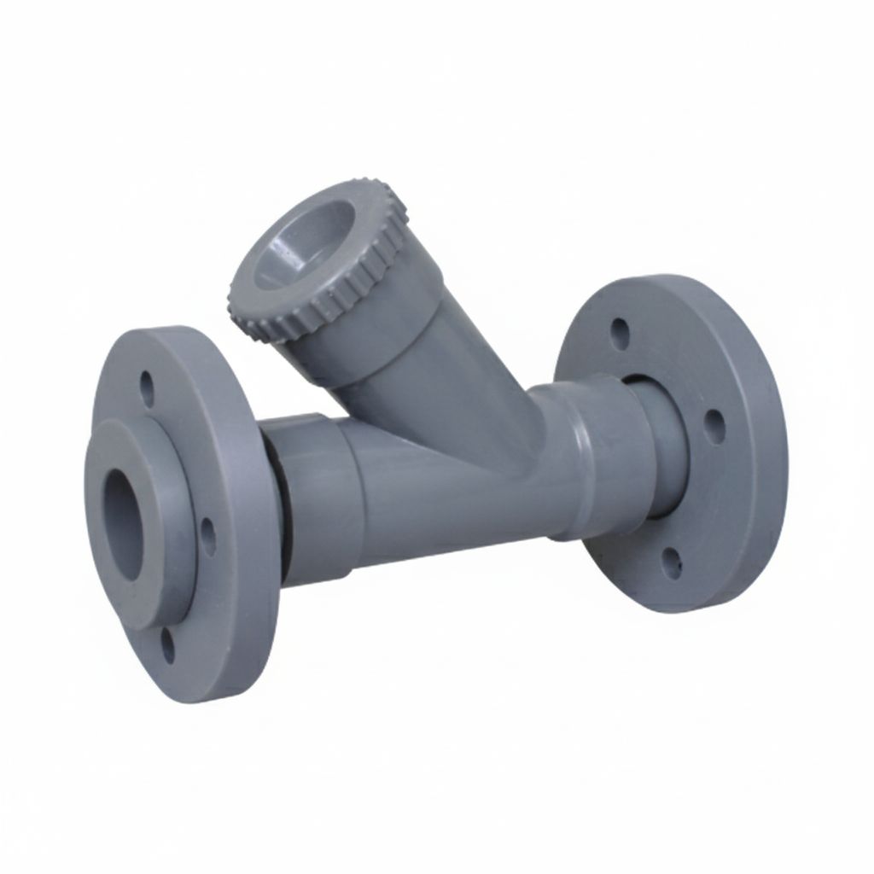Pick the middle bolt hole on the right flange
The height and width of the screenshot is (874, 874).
(715, 426)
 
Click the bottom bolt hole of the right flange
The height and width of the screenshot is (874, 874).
(673, 564)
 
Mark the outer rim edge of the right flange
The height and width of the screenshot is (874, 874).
(772, 444)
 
